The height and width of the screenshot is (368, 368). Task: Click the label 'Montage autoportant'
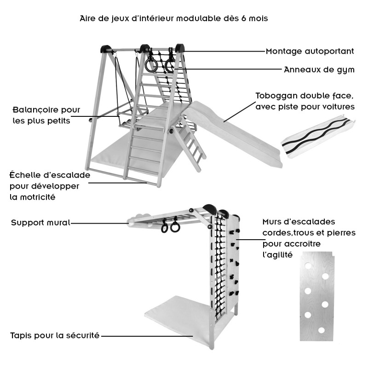pyautogui.click(x=310, y=51)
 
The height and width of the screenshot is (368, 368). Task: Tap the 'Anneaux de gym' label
pyautogui.click(x=319, y=70)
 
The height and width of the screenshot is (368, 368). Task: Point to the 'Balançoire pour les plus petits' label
pyautogui.click(x=46, y=115)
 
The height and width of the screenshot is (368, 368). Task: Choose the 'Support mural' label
pyautogui.click(x=40, y=223)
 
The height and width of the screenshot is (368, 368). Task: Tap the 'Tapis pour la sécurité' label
pyautogui.click(x=55, y=335)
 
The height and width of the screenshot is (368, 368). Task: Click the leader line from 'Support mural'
pyautogui.click(x=99, y=223)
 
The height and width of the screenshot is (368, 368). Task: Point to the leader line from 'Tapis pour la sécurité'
pyautogui.click(x=147, y=336)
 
